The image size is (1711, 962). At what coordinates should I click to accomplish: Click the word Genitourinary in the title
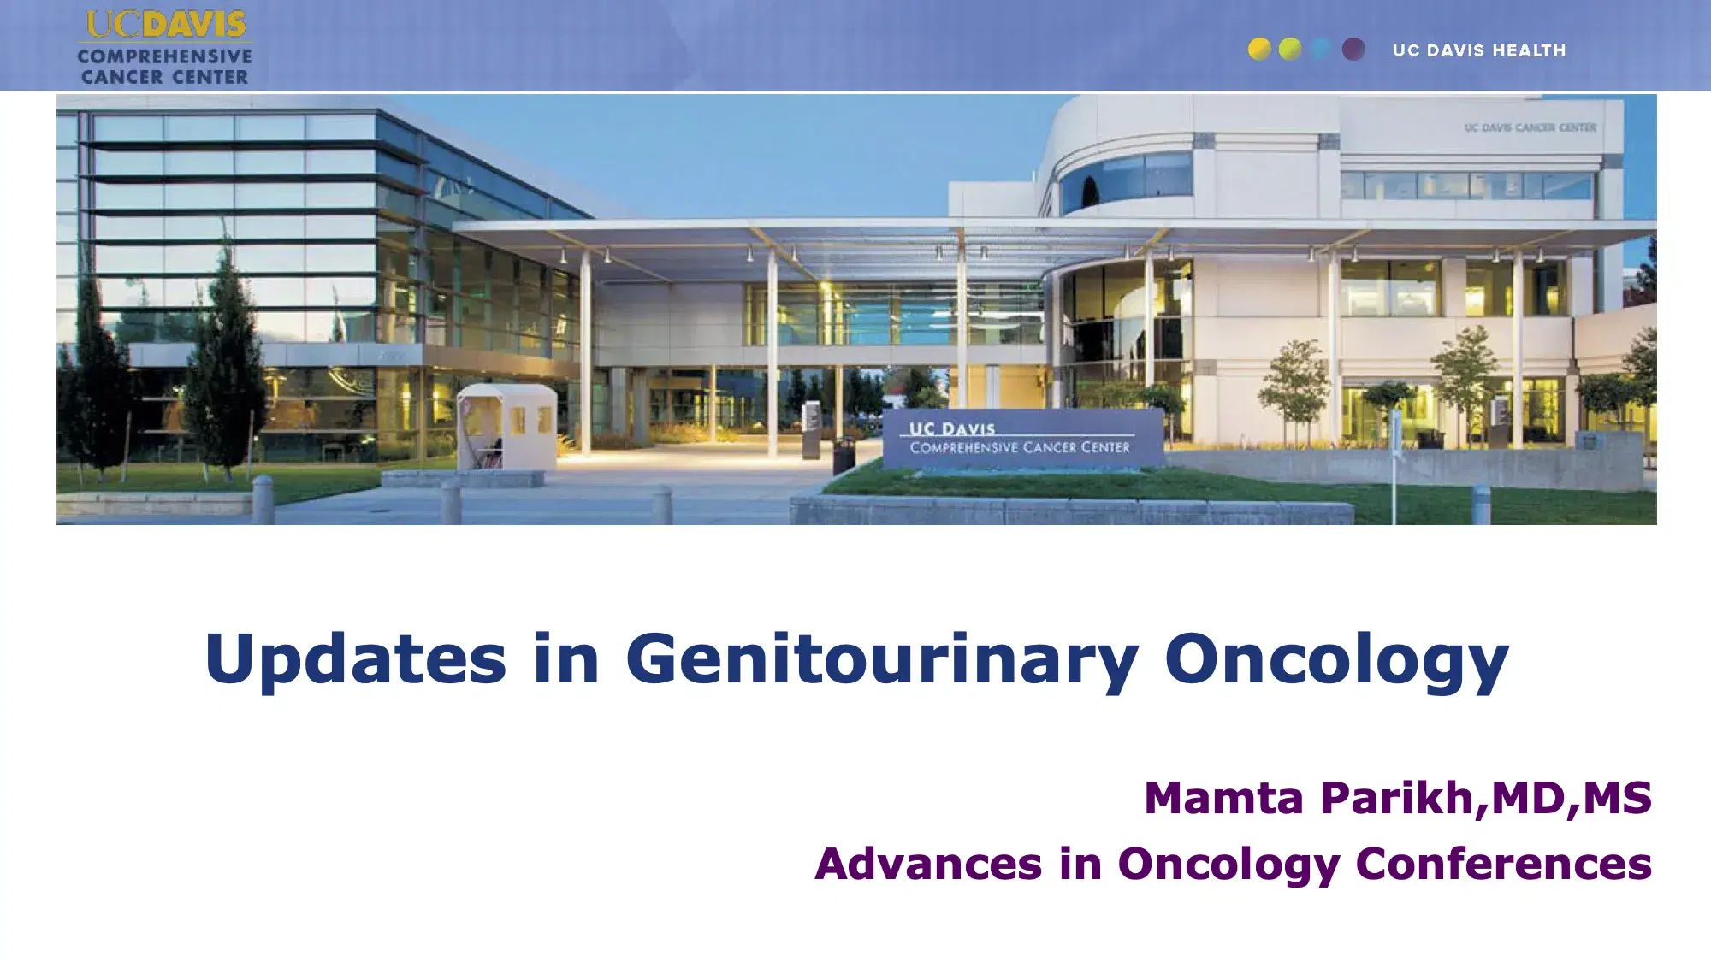point(882,659)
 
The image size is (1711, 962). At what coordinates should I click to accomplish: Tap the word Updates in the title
point(355,659)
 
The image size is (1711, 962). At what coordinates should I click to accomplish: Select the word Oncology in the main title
point(1336,659)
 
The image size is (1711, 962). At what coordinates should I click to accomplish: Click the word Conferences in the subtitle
point(1503,864)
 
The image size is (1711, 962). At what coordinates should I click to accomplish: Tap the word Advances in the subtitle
point(928,864)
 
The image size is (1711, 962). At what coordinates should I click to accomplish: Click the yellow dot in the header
point(1259,50)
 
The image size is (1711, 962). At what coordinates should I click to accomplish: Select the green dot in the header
point(1290,50)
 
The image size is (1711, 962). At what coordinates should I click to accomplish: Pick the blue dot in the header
point(1322,50)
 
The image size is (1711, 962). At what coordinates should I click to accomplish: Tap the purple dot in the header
point(1353,50)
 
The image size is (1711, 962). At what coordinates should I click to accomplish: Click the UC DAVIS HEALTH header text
point(1479,50)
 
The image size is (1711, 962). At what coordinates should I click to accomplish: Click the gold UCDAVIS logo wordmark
point(166,25)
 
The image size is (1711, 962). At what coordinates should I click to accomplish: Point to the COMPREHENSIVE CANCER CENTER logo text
point(164,67)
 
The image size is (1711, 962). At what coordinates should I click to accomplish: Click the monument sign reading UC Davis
point(1020,438)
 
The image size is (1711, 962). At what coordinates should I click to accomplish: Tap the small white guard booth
point(506,425)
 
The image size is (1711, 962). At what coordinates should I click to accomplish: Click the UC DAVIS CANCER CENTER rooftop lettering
point(1530,128)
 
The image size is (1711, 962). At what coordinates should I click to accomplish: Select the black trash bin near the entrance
point(844,456)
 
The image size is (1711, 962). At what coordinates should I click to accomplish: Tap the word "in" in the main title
point(565,659)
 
